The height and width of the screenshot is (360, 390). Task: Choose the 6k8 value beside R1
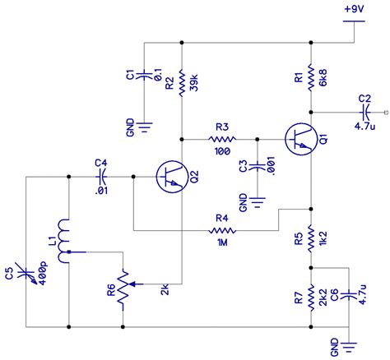325,78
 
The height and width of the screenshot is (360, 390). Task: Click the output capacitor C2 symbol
365,113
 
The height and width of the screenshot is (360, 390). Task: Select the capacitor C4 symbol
103,176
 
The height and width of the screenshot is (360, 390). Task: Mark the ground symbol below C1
145,125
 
